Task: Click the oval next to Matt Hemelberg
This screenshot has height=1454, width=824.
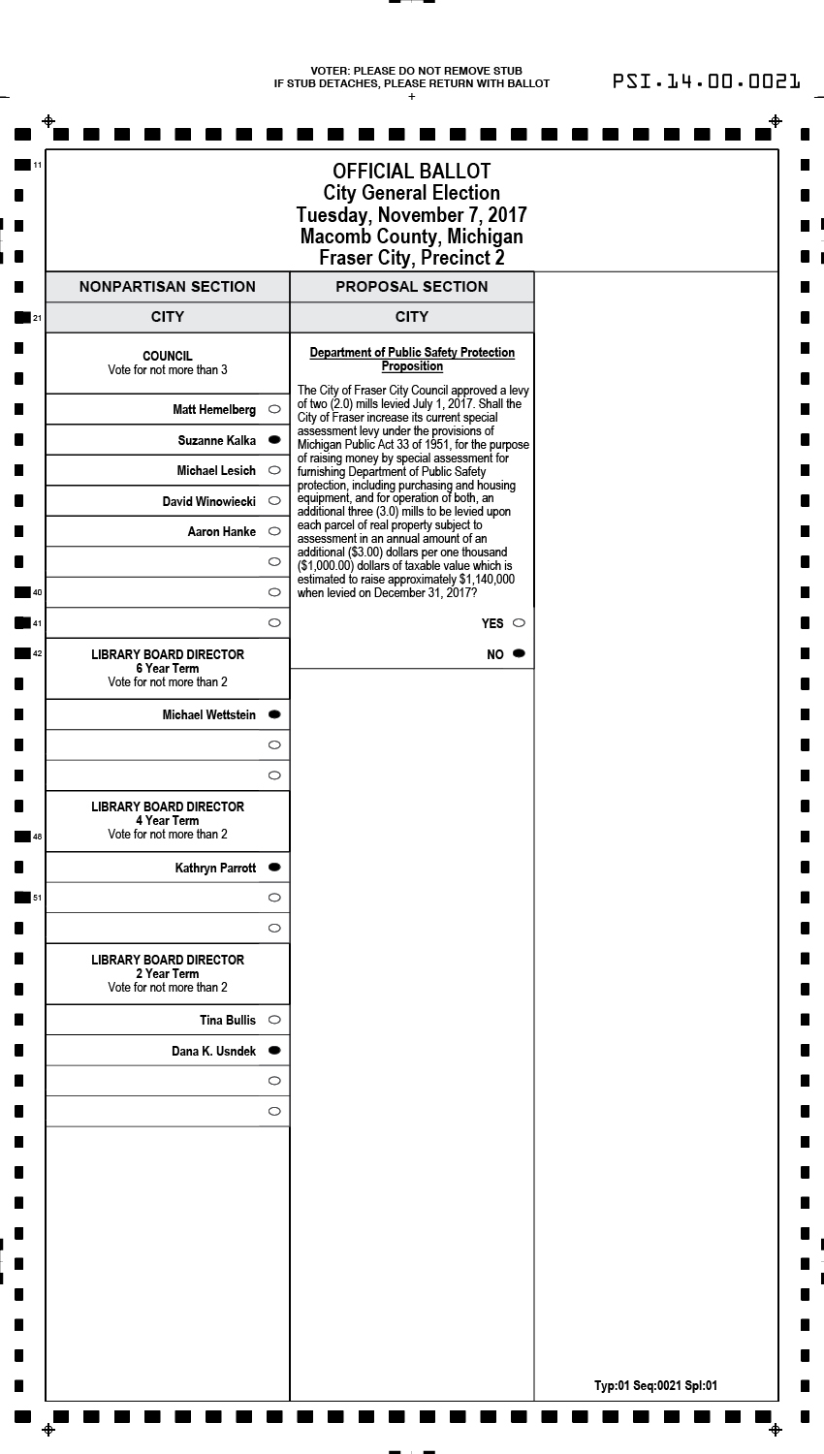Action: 274,409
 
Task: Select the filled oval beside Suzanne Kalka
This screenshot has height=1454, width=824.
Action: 274,440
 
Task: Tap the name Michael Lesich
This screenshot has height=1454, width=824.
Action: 216,471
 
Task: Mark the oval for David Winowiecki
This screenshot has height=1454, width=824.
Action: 274,501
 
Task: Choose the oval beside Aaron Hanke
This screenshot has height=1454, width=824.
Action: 274,531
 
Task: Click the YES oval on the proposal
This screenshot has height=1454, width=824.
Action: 519,623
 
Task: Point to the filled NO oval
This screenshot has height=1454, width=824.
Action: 519,654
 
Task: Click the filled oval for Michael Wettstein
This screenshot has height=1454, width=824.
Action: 274,714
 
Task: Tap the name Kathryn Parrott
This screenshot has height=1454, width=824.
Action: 215,868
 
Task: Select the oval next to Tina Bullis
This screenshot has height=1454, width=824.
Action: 274,1020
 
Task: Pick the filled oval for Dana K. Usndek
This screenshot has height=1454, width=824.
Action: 274,1051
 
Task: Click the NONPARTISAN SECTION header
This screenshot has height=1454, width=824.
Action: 168,287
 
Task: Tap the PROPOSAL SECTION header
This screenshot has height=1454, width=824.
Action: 412,287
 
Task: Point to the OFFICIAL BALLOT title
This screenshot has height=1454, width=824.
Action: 412,172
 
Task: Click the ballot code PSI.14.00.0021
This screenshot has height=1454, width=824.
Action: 707,81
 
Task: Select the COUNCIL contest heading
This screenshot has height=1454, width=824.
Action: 168,356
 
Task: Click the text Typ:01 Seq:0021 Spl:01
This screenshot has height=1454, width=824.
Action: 656,1385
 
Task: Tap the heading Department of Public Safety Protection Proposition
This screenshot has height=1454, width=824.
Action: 412,359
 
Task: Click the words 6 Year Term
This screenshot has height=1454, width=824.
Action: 168,668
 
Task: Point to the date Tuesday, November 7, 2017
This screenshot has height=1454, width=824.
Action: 412,214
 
